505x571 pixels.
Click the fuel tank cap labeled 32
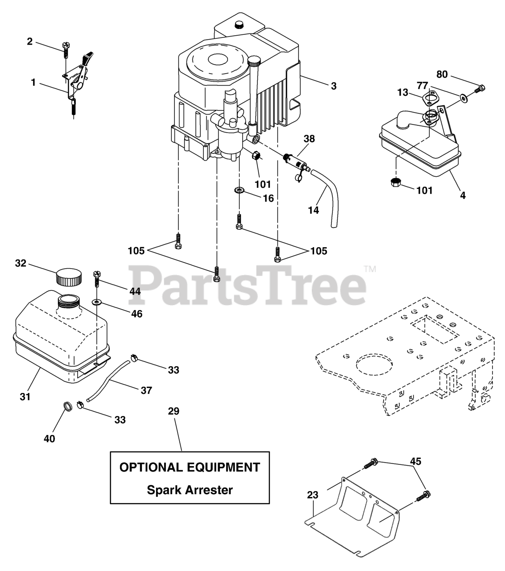(69, 277)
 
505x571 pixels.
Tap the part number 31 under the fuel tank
(25, 396)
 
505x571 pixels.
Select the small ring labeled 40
(67, 407)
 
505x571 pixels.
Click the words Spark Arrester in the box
(190, 490)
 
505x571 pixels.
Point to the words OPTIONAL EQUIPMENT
(190, 467)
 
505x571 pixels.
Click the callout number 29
(174, 411)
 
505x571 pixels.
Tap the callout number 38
(309, 139)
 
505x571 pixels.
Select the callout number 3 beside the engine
(333, 87)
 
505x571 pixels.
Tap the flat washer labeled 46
(97, 302)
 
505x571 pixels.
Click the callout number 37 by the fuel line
(146, 390)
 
